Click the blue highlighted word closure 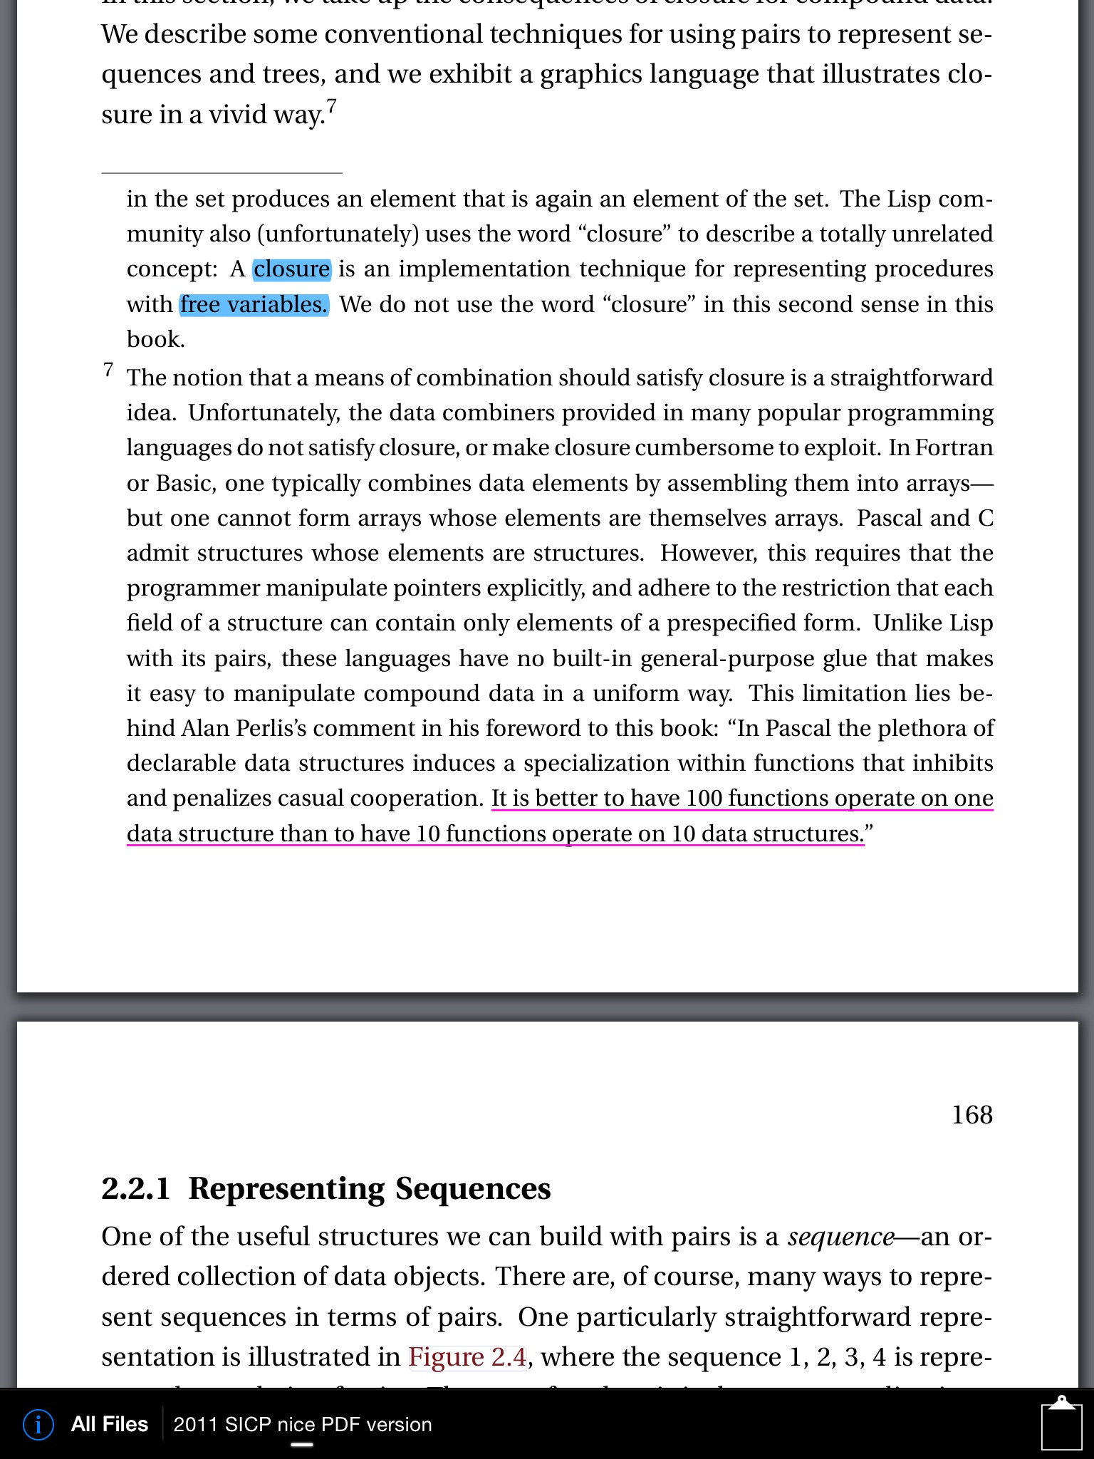292,269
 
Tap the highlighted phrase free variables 254,305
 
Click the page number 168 971,1114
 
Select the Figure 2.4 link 467,1357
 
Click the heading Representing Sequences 369,1189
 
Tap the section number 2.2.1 135,1189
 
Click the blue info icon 38,1424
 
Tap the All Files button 109,1424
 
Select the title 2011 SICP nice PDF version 303,1424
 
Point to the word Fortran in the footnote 954,448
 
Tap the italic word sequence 840,1237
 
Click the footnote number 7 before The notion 108,370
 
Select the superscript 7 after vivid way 332,106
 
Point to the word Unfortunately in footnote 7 254,413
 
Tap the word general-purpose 727,658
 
